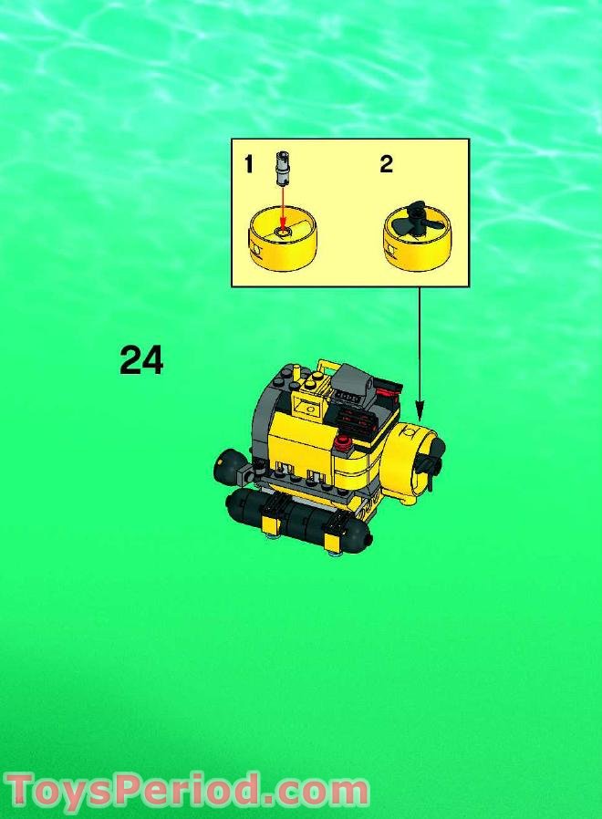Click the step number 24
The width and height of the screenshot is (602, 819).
click(x=141, y=361)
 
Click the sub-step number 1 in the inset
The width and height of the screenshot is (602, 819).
click(x=249, y=164)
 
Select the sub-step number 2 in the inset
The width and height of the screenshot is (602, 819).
click(x=386, y=164)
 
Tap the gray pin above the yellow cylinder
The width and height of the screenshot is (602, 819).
click(x=282, y=170)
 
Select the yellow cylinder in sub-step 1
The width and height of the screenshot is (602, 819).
click(x=281, y=244)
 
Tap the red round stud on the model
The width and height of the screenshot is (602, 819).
click(x=344, y=444)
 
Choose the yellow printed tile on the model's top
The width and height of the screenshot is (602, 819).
click(x=305, y=399)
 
